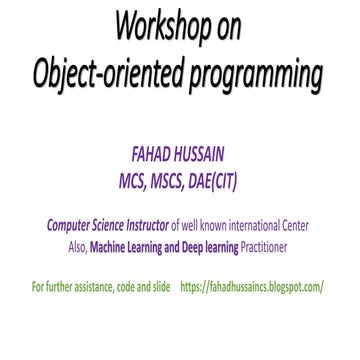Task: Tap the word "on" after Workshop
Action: (x=229, y=28)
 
